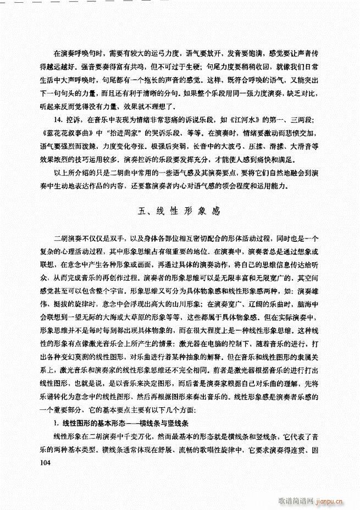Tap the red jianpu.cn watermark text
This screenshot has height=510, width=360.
[336, 501]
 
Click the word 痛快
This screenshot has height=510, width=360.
[252, 172]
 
